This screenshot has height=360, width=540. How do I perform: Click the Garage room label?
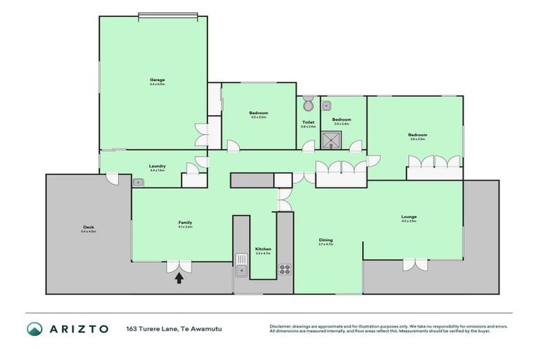(x=157, y=79)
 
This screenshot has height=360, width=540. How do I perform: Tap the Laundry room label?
(x=157, y=166)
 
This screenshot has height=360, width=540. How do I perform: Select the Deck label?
(x=89, y=227)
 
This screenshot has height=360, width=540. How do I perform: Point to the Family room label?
(x=185, y=223)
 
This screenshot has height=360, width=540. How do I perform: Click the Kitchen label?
(x=263, y=250)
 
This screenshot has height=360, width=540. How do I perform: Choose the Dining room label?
(x=326, y=240)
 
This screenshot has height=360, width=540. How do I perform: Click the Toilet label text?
(x=308, y=121)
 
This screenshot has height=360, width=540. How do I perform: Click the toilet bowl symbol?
(x=308, y=105)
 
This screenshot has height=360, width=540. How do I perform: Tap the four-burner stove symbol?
(x=285, y=269)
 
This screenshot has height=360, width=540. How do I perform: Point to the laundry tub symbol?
(x=139, y=182)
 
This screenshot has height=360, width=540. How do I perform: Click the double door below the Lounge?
(x=414, y=264)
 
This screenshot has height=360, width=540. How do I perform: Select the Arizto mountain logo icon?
(x=34, y=328)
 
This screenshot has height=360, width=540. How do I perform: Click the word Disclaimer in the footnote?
(x=281, y=326)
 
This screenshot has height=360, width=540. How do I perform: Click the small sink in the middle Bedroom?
(x=327, y=105)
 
